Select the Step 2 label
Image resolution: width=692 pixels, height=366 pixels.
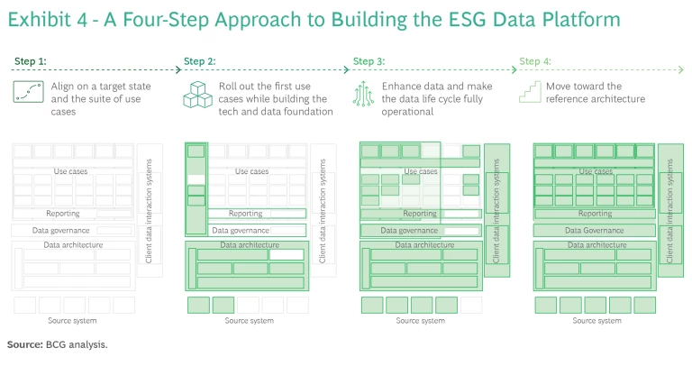pyautogui.click(x=200, y=61)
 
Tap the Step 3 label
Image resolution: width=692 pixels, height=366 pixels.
pyautogui.click(x=369, y=61)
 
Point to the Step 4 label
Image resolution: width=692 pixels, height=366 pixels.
pyautogui.click(x=535, y=61)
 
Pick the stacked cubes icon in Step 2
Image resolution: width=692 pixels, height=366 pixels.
pyautogui.click(x=198, y=94)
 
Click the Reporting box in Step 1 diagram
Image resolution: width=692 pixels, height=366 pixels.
pyautogui.click(x=63, y=214)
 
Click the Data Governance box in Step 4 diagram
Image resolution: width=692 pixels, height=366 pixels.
pyautogui.click(x=594, y=230)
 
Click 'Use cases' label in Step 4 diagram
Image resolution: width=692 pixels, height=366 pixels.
pyautogui.click(x=594, y=171)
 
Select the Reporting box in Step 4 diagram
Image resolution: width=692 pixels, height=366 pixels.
pyautogui.click(x=594, y=214)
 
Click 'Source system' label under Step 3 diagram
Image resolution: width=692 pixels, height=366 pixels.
pyautogui.click(x=420, y=320)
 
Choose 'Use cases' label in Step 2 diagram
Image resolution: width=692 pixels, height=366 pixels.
pyautogui.click(x=251, y=171)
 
